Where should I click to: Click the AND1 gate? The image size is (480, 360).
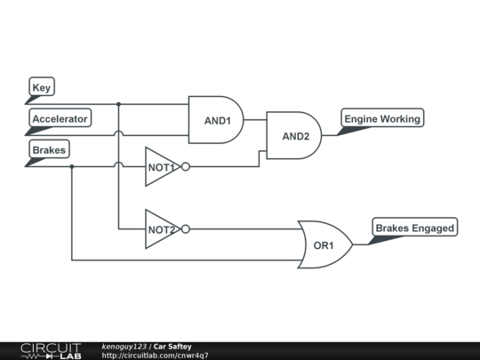pyautogui.click(x=215, y=120)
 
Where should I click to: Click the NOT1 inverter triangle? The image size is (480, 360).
pyautogui.click(x=162, y=166)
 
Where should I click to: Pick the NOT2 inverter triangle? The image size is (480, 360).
pyautogui.click(x=162, y=228)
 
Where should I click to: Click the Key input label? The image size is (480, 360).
pyautogui.click(x=42, y=87)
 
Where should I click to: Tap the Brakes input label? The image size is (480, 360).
pyautogui.click(x=49, y=150)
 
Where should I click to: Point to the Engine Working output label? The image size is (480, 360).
pyautogui.click(x=382, y=118)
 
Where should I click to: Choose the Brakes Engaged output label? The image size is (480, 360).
pyautogui.click(x=414, y=228)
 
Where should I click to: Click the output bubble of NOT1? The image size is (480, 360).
pyautogui.click(x=186, y=166)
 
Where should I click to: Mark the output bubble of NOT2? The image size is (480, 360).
pyautogui.click(x=186, y=228)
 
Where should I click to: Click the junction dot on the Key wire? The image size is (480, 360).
pyautogui.click(x=118, y=104)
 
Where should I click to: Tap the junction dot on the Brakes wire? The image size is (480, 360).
pyautogui.click(x=72, y=166)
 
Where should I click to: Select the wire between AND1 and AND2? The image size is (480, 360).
pyautogui.click(x=255, y=119)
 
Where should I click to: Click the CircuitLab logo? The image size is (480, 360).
pyautogui.click(x=50, y=350)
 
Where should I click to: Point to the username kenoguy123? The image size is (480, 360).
pyautogui.click(x=124, y=346)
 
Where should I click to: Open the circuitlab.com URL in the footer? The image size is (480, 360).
pyautogui.click(x=156, y=356)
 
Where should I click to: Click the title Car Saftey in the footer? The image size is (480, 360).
pyautogui.click(x=172, y=346)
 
